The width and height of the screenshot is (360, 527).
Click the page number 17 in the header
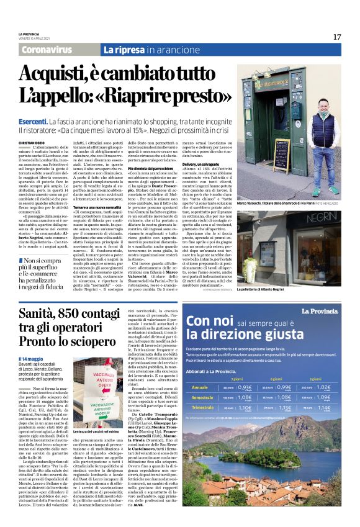pyautogui.click(x=336, y=37)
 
